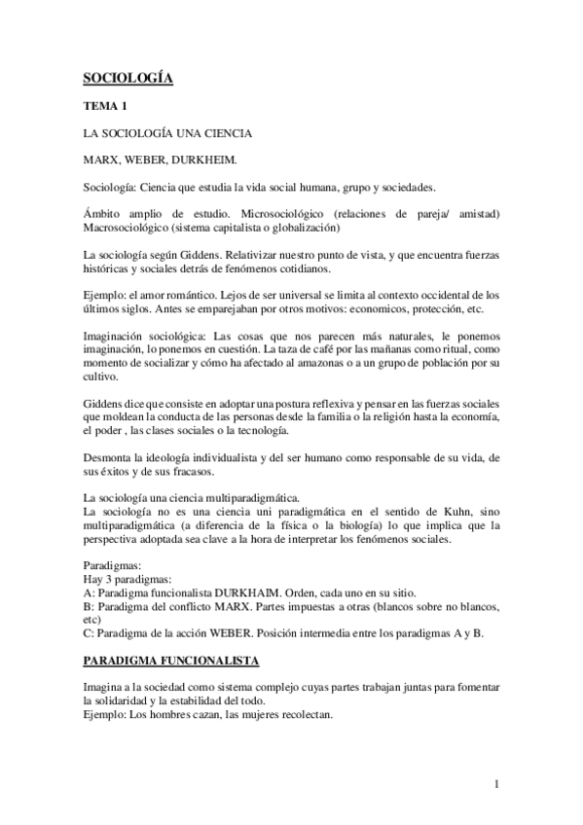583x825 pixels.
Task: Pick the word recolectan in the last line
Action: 300,712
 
